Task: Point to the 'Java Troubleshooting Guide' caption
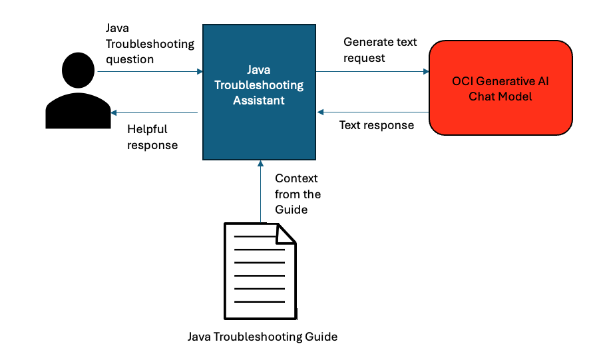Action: click(262, 337)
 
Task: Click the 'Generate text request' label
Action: click(380, 50)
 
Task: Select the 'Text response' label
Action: click(376, 125)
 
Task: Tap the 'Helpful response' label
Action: click(152, 136)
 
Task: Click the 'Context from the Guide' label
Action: click(297, 194)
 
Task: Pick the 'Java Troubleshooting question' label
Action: click(150, 44)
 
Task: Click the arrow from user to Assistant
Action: click(150, 71)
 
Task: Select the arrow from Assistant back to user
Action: click(154, 113)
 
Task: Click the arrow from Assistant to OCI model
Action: click(373, 71)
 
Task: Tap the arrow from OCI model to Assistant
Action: click(373, 112)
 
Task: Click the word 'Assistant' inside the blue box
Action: click(259, 100)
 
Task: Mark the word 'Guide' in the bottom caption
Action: click(323, 337)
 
